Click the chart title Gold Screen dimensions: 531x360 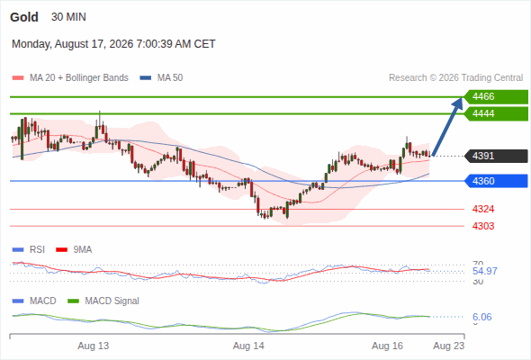click(24, 17)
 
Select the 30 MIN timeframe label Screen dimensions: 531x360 click(68, 17)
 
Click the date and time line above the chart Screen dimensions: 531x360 click(113, 44)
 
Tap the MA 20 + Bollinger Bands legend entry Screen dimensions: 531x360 click(70, 78)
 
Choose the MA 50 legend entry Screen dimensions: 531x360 click(161, 78)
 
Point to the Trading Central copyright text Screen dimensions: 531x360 click(455, 78)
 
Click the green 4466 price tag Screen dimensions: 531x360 click(496, 97)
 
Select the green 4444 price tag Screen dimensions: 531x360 click(496, 113)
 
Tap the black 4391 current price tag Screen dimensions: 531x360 click(496, 156)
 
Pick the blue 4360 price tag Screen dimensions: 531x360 click(496, 181)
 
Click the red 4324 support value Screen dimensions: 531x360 click(483, 210)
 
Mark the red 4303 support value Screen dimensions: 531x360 click(483, 226)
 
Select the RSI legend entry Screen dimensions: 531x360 click(29, 249)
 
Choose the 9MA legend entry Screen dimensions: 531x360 click(74, 249)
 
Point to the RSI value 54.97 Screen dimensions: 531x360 click(485, 271)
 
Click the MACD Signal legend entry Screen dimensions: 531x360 click(103, 301)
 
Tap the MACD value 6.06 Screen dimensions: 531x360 click(482, 317)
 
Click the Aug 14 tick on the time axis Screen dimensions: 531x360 click(248, 346)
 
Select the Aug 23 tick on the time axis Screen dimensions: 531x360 click(449, 346)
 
